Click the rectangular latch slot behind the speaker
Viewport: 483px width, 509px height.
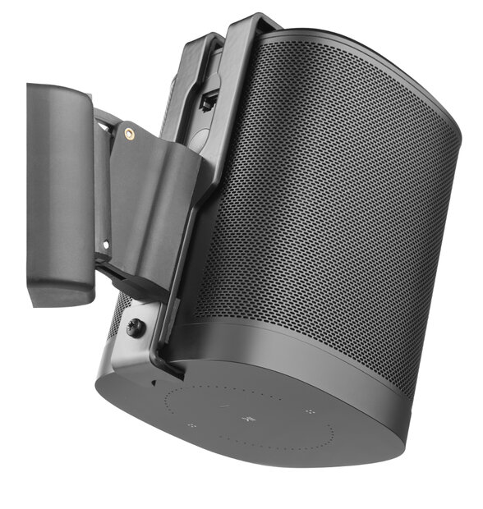pyautogui.click(x=209, y=102)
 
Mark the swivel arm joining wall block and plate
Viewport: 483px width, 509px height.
pyautogui.click(x=102, y=189)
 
